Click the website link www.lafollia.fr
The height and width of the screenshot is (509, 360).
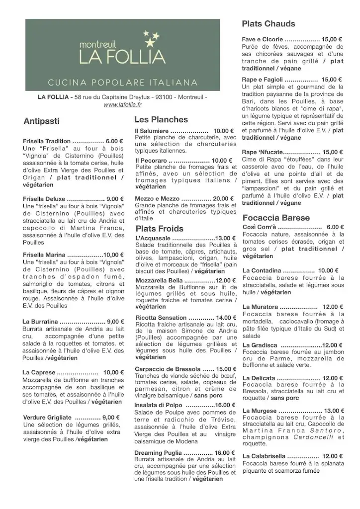pyautogui.click(x=122, y=104)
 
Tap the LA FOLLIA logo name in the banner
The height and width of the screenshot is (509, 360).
pyautogui.click(x=122, y=56)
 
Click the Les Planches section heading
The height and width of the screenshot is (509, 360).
pyautogui.click(x=161, y=120)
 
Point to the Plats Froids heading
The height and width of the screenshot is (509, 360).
pyautogui.click(x=160, y=229)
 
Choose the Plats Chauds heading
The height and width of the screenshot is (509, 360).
pyautogui.click(x=268, y=24)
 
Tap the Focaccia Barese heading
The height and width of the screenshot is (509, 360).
pyautogui.click(x=276, y=218)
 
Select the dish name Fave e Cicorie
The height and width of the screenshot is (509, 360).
pyautogui.click(x=263, y=39)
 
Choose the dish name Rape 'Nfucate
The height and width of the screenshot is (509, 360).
pyautogui.click(x=262, y=152)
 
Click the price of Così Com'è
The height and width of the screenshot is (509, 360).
pyautogui.click(x=336, y=227)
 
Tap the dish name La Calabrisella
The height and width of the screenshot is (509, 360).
pyautogui.click(x=264, y=456)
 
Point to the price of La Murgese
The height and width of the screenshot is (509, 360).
pyautogui.click(x=334, y=411)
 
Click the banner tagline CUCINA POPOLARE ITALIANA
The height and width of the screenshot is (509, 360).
pyautogui.click(x=122, y=82)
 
